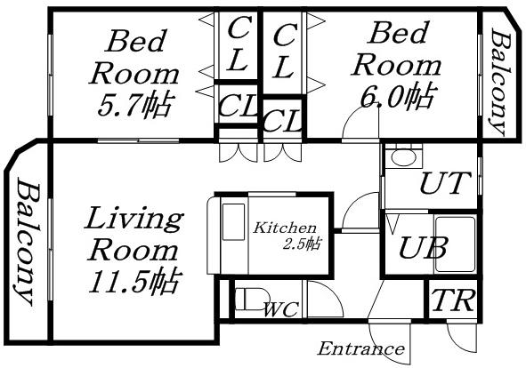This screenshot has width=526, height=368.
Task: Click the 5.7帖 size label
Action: coord(134,103)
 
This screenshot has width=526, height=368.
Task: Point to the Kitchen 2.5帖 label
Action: coord(287,235)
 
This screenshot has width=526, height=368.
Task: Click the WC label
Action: coord(280,309)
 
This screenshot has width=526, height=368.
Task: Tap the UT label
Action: coord(442,184)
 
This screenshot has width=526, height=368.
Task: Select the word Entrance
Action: coord(360,348)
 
